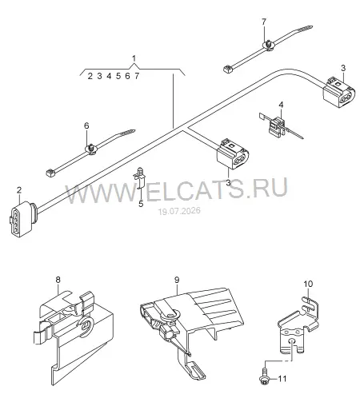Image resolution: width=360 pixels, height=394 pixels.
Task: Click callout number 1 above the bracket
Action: [x=134, y=58]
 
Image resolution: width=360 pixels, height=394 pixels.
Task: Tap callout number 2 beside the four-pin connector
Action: [x=19, y=190]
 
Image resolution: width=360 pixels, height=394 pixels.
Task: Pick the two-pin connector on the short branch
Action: [x=233, y=154]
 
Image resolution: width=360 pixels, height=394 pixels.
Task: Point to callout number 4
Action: [x=281, y=105]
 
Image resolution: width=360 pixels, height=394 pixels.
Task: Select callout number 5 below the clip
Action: [x=141, y=204]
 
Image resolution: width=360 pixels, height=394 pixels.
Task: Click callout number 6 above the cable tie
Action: [x=86, y=125]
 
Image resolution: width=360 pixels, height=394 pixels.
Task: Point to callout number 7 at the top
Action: [x=264, y=22]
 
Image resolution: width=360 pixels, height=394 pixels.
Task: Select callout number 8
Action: [x=58, y=280]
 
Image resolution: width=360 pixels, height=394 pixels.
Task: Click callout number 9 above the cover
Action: [x=177, y=280]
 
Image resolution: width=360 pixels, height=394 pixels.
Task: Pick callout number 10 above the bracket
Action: [x=308, y=284]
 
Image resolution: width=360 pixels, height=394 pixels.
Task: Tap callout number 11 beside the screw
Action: [x=282, y=379]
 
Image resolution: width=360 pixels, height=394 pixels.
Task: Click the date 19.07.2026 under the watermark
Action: [x=179, y=211]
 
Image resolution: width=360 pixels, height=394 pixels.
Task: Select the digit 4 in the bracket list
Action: [x=109, y=76]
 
